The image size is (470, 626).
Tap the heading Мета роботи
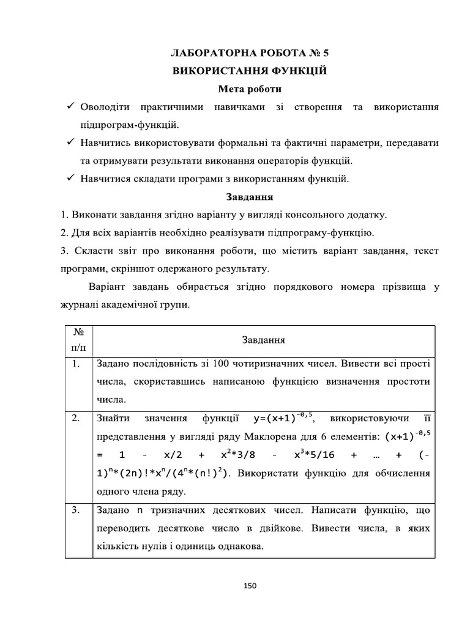tap(250, 89)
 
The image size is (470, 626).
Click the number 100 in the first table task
tap(221, 364)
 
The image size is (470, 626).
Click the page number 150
tap(250, 585)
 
